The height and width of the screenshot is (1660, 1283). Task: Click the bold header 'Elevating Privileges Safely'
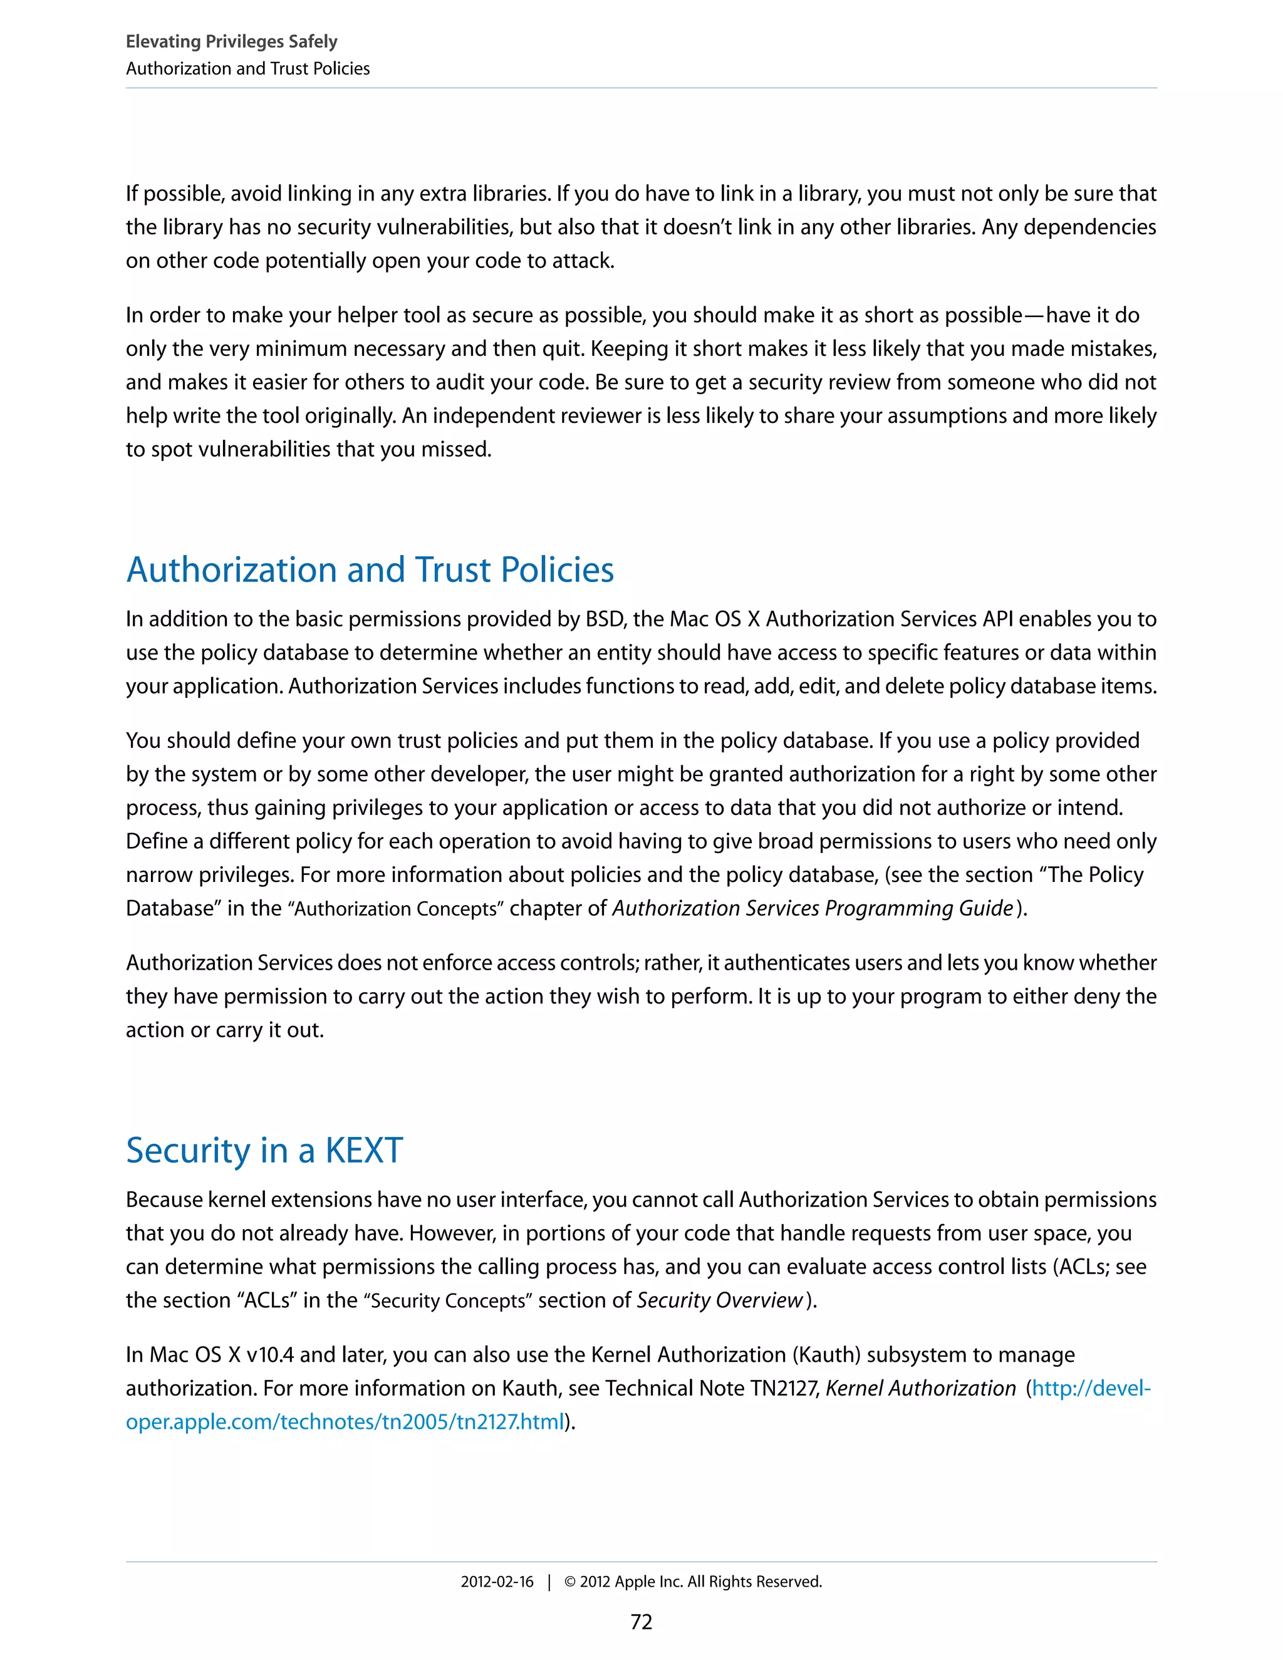[x=231, y=42]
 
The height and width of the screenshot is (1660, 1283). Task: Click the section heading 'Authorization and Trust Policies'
[x=370, y=569]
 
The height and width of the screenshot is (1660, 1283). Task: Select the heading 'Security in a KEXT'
[x=264, y=1150]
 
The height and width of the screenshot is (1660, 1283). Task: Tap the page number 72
[x=641, y=1622]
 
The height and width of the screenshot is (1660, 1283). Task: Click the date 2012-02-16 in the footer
[x=496, y=1582]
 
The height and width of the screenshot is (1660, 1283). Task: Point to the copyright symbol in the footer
[x=569, y=1582]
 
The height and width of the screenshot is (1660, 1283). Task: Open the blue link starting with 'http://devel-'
[x=1091, y=1388]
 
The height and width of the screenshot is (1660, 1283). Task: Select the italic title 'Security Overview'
[x=719, y=1300]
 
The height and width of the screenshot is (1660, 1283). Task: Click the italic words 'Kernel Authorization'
[x=920, y=1388]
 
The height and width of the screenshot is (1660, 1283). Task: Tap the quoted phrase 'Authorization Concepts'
[x=395, y=908]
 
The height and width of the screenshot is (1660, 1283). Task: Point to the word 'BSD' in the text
[x=605, y=619]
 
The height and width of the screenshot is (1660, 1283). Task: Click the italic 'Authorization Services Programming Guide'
[x=813, y=908]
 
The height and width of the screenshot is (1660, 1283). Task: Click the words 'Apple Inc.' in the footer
[x=648, y=1582]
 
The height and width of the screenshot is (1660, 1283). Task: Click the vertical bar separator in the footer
[x=549, y=1582]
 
